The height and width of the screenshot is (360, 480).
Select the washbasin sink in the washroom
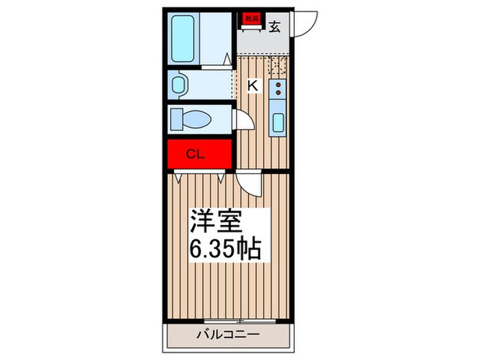(x=180, y=85)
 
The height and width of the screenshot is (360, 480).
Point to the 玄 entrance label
(x=274, y=27)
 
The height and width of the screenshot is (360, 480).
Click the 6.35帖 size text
(x=226, y=249)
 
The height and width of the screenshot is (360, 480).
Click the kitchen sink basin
(x=278, y=123)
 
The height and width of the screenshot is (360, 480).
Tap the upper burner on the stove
(x=278, y=85)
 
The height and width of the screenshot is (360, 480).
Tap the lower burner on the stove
(x=278, y=92)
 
